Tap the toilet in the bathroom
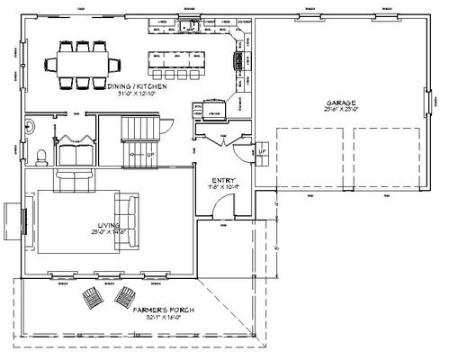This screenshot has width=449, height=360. (40, 154)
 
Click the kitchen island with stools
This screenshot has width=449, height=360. (178, 64)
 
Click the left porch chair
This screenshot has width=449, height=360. (93, 297)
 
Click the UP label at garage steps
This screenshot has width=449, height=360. (262, 152)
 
